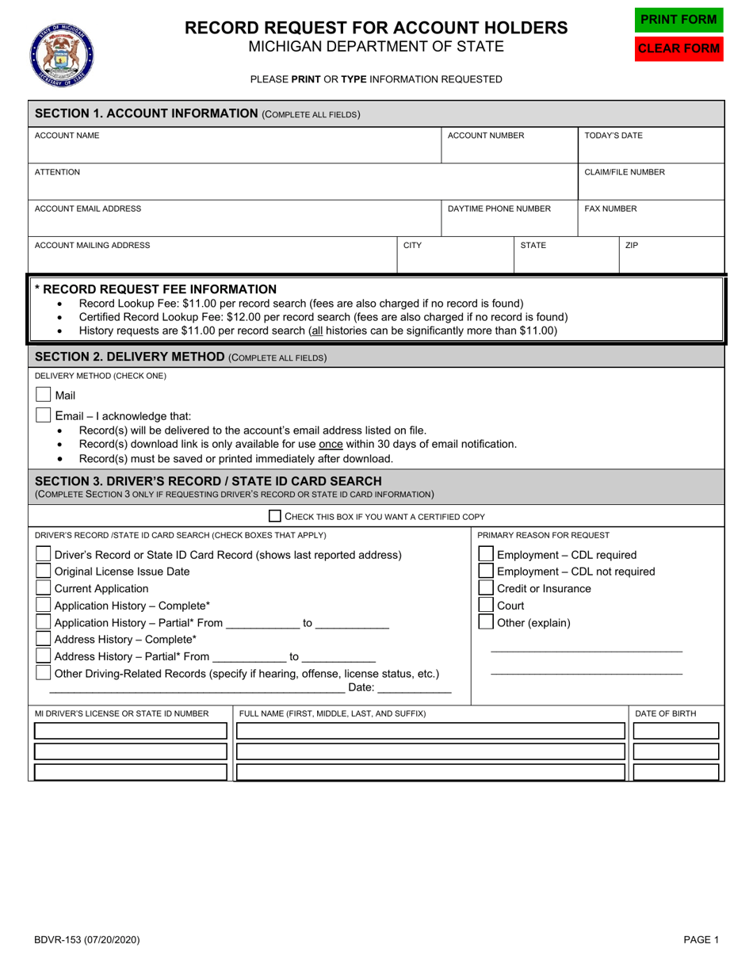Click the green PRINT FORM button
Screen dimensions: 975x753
(x=678, y=19)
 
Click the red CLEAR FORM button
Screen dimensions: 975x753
(x=678, y=48)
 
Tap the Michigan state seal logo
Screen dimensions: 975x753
(x=61, y=54)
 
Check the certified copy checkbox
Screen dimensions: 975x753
(x=275, y=516)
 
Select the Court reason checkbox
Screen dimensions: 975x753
(x=485, y=606)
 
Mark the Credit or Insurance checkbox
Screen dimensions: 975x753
(x=485, y=588)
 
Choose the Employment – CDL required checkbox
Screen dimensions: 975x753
(x=485, y=554)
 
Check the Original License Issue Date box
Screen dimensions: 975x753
(x=44, y=572)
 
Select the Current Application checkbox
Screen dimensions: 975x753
(x=44, y=588)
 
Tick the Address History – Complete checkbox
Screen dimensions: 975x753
(x=44, y=639)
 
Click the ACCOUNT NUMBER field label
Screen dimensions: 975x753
(x=486, y=136)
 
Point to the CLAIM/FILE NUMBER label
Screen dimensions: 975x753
(x=625, y=172)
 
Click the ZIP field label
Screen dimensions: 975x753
(x=632, y=246)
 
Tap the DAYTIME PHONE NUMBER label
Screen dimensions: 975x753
(x=499, y=208)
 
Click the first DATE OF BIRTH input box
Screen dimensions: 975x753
(x=676, y=731)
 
